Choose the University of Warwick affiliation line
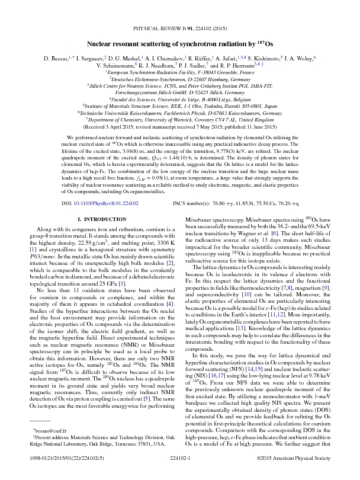[180, 118]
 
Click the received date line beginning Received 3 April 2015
[180, 126]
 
